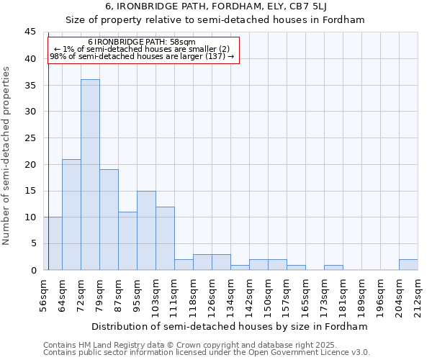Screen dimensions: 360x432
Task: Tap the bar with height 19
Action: (x=109, y=220)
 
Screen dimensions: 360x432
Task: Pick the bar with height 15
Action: (x=146, y=230)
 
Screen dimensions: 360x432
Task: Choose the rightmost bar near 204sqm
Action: (x=408, y=265)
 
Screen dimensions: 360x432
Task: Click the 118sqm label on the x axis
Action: (x=194, y=296)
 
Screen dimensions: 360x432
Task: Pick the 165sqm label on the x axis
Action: (x=306, y=296)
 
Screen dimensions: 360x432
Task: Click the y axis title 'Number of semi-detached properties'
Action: (x=7, y=156)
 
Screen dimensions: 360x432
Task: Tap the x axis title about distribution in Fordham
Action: (x=230, y=326)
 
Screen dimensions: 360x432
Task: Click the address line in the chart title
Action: (x=215, y=7)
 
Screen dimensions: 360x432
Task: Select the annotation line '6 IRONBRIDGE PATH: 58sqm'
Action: (x=142, y=42)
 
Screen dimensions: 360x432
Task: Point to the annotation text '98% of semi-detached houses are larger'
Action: (x=142, y=56)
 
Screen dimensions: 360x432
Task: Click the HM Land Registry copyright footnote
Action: (x=189, y=345)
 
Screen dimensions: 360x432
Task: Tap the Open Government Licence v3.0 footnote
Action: (x=207, y=352)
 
